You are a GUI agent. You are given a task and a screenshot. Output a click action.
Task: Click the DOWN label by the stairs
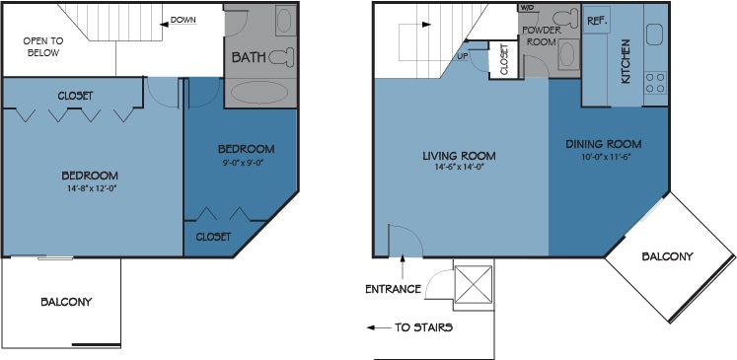183,20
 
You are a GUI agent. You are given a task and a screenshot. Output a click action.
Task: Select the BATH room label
248,57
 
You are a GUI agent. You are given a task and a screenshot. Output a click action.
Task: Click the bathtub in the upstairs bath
260,93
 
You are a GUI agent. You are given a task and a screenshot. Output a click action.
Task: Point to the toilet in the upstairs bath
281,56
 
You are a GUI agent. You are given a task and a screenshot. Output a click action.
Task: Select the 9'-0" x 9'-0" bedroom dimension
244,164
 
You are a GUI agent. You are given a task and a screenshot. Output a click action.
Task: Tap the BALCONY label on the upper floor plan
67,302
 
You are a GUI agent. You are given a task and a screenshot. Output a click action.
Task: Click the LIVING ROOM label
459,156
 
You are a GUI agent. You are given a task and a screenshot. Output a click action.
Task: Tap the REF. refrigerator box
597,21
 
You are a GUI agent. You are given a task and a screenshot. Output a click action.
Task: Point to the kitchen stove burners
655,82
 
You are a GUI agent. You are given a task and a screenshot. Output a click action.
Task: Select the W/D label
527,8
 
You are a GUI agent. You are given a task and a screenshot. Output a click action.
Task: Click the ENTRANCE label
394,289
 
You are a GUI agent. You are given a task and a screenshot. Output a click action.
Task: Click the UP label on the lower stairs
463,56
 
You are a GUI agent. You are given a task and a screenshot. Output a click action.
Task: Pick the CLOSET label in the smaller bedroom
212,237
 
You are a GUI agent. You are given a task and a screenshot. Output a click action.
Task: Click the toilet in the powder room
564,18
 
